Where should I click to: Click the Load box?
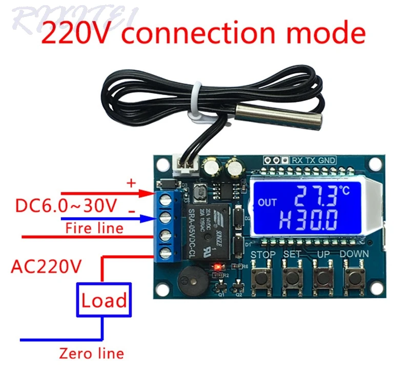pyautogui.click(x=104, y=299)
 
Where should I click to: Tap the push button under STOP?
pyautogui.click(x=262, y=277)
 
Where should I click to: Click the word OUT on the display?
pyautogui.click(x=267, y=202)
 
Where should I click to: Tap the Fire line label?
pyautogui.click(x=94, y=228)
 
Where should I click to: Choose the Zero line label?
pyautogui.click(x=92, y=353)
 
